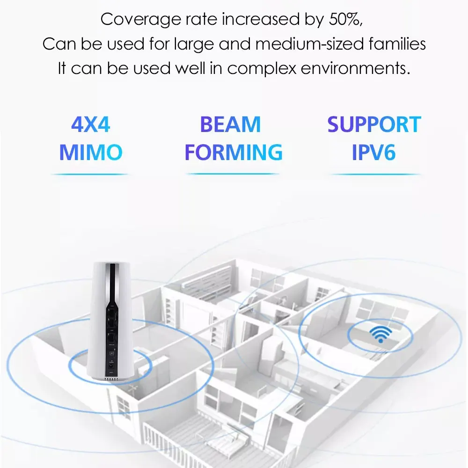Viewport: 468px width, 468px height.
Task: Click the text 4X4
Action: [91, 125]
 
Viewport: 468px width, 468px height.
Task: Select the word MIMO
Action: [91, 152]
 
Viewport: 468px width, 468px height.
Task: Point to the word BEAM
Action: [230, 125]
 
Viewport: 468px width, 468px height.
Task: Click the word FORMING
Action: [234, 152]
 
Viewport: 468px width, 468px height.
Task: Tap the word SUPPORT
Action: [374, 125]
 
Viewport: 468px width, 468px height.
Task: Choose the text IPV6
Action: [374, 152]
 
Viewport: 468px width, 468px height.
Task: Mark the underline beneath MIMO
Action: [89, 175]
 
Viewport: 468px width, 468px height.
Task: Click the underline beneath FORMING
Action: [233, 174]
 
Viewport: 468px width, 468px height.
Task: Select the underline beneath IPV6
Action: [375, 175]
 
